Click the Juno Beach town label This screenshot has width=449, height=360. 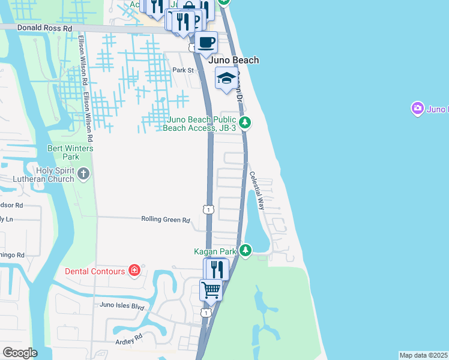coord(234,60)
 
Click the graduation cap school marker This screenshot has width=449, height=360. coord(226,79)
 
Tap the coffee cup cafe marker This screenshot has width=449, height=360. coord(206,43)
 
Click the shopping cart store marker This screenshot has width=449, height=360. coord(211,291)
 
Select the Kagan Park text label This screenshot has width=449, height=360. coord(214,251)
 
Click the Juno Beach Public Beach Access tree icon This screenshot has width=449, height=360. coord(245,123)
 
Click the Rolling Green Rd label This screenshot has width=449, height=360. coord(165,220)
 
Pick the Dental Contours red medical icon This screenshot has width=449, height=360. coord(134,271)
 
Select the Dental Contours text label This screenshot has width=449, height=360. coord(95,271)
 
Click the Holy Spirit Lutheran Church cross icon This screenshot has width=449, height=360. coord(83,174)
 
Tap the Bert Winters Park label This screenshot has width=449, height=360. coord(63,152)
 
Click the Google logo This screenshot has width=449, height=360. coord(20,353)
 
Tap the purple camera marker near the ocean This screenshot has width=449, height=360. coord(417,109)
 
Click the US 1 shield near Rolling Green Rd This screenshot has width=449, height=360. coord(208,209)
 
